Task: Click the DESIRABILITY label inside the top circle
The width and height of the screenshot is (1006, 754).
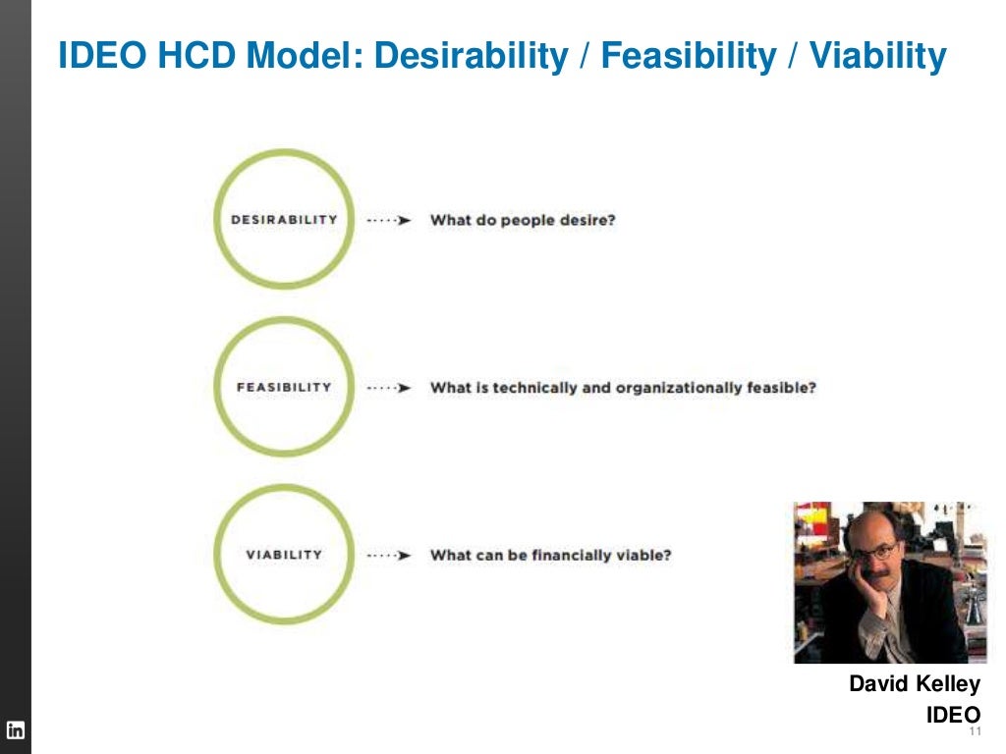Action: click(283, 220)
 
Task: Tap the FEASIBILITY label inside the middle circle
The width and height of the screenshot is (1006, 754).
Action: click(283, 387)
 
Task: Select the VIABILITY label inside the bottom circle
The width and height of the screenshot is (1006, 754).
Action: click(283, 555)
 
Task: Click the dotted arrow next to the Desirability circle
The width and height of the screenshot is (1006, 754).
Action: click(389, 221)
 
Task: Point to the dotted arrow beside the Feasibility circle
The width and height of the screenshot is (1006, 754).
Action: click(389, 388)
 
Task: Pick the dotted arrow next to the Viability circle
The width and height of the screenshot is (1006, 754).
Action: click(389, 556)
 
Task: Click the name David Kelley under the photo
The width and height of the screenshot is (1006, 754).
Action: click(915, 684)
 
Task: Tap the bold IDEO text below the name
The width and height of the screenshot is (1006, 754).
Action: click(953, 715)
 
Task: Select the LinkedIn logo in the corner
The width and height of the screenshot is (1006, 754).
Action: click(16, 730)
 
